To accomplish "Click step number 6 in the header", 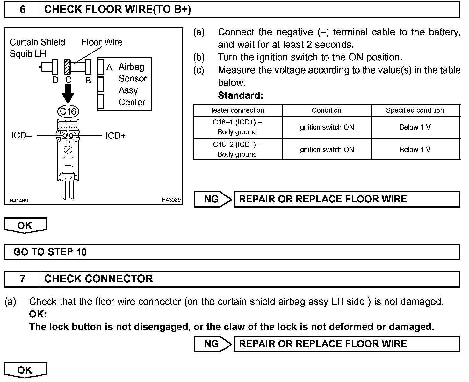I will tap(22, 10).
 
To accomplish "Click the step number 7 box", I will tap(22, 279).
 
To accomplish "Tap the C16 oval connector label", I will tap(68, 111).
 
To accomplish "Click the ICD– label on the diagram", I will tap(21, 136).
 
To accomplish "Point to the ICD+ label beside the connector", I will tap(115, 136).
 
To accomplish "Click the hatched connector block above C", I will tap(68, 67).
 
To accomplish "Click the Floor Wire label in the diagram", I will tap(102, 42).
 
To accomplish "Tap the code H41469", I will tap(18, 201).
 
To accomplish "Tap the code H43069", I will tap(171, 200).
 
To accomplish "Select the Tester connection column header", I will tap(237, 110).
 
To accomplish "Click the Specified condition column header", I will tap(415, 110).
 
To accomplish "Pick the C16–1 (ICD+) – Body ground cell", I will tap(237, 127).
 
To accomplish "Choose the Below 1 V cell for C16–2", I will tap(415, 149).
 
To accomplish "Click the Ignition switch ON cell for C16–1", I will tap(326, 127).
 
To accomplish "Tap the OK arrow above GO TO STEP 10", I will tap(25, 225).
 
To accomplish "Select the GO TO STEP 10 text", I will tap(50, 252).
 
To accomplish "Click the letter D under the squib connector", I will tap(55, 80).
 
